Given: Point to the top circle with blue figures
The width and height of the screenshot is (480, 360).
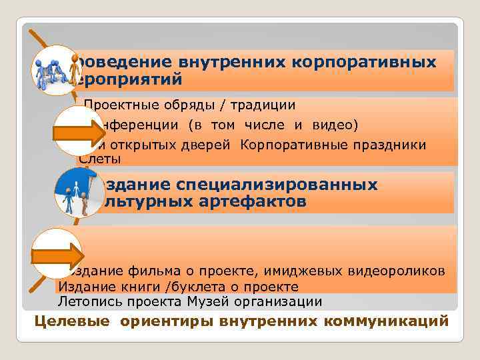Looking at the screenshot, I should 55,70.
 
